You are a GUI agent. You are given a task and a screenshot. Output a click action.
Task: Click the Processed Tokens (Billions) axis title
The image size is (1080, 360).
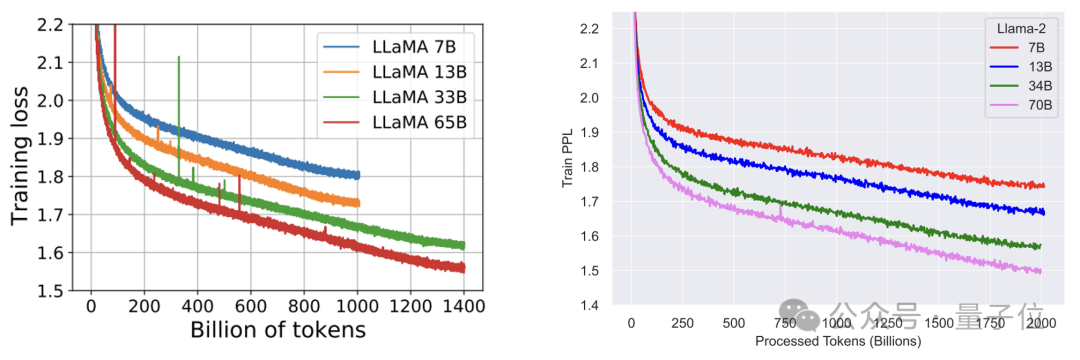point(838,341)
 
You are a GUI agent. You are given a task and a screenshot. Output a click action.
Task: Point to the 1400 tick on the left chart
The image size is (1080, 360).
point(464,304)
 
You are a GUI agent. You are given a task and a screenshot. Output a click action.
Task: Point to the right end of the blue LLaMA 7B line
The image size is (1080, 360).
point(359,176)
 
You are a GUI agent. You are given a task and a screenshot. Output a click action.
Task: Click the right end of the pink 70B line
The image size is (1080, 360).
point(1041,271)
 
